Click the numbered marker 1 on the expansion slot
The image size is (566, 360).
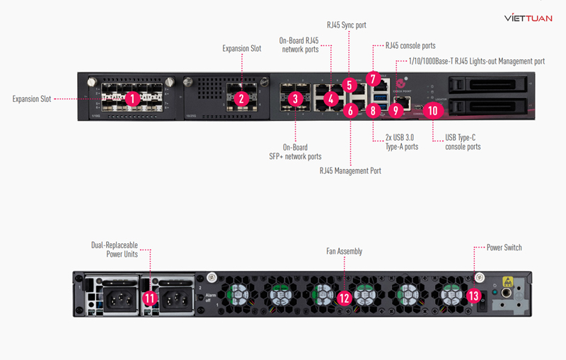click(131, 99)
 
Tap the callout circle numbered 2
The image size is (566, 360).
click(242, 99)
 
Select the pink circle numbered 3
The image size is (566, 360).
click(296, 99)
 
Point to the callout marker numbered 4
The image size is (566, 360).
click(330, 99)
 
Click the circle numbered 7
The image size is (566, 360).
click(373, 79)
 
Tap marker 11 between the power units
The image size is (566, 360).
click(149, 298)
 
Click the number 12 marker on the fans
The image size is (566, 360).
click(344, 298)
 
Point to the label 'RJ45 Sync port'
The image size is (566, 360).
click(347, 25)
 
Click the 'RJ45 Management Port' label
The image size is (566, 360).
click(350, 170)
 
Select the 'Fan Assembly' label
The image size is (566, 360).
click(344, 250)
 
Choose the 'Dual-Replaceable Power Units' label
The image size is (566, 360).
click(114, 249)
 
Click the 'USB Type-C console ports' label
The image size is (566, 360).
click(463, 142)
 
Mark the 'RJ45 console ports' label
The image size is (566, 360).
click(410, 45)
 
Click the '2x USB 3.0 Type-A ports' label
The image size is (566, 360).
click(401, 142)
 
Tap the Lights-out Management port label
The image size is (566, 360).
click(476, 62)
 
